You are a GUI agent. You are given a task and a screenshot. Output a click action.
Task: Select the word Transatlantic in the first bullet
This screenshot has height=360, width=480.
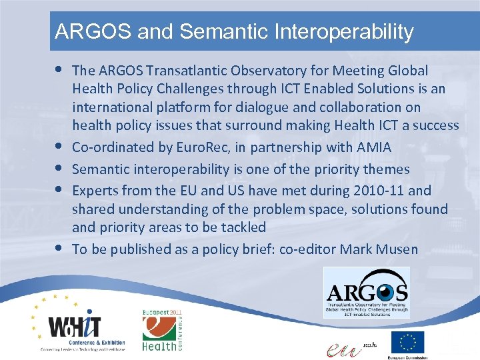(x=181, y=71)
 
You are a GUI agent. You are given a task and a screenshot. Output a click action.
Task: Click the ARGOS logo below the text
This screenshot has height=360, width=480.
(x=367, y=292)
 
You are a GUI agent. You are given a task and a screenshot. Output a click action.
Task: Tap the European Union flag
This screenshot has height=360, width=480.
(x=407, y=342)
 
